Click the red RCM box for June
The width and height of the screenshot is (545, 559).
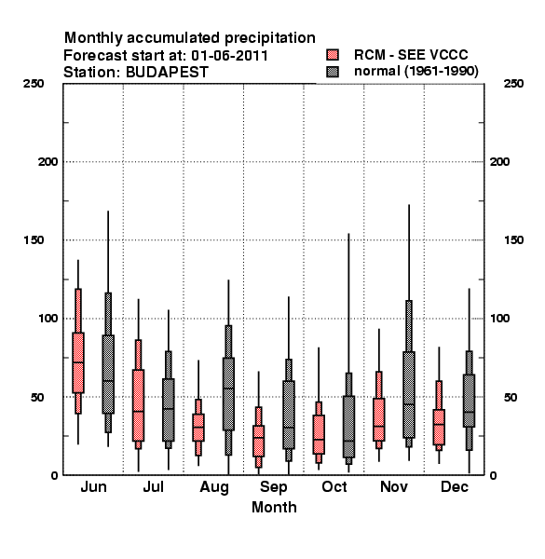[78, 362]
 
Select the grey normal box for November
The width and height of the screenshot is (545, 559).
[409, 395]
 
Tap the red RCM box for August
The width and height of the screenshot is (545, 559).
[198, 428]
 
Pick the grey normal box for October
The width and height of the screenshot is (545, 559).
[348, 427]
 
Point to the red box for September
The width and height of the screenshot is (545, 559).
[258, 441]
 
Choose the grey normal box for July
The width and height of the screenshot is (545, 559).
[169, 410]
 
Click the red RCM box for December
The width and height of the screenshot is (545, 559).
[439, 427]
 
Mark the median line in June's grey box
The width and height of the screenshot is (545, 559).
[108, 380]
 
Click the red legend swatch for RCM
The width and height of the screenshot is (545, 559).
[333, 55]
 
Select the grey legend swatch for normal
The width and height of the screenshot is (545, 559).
[333, 72]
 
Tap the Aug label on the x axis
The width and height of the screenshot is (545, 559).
[214, 487]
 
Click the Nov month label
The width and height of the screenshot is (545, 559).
[394, 486]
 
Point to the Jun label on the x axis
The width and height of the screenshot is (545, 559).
[93, 486]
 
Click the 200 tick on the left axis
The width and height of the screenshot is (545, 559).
[48, 162]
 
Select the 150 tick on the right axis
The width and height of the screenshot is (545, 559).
[513, 240]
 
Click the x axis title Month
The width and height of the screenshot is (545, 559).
[274, 508]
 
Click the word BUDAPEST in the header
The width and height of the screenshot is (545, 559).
[167, 73]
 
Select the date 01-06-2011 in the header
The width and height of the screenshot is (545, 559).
[229, 56]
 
